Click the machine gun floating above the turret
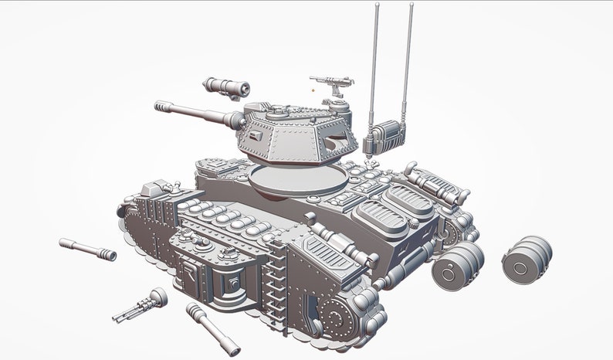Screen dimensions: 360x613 point(332,80)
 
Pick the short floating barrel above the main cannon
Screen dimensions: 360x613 point(227,87)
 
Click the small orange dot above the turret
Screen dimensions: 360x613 point(313,90)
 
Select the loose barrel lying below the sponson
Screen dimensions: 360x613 point(208,323)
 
